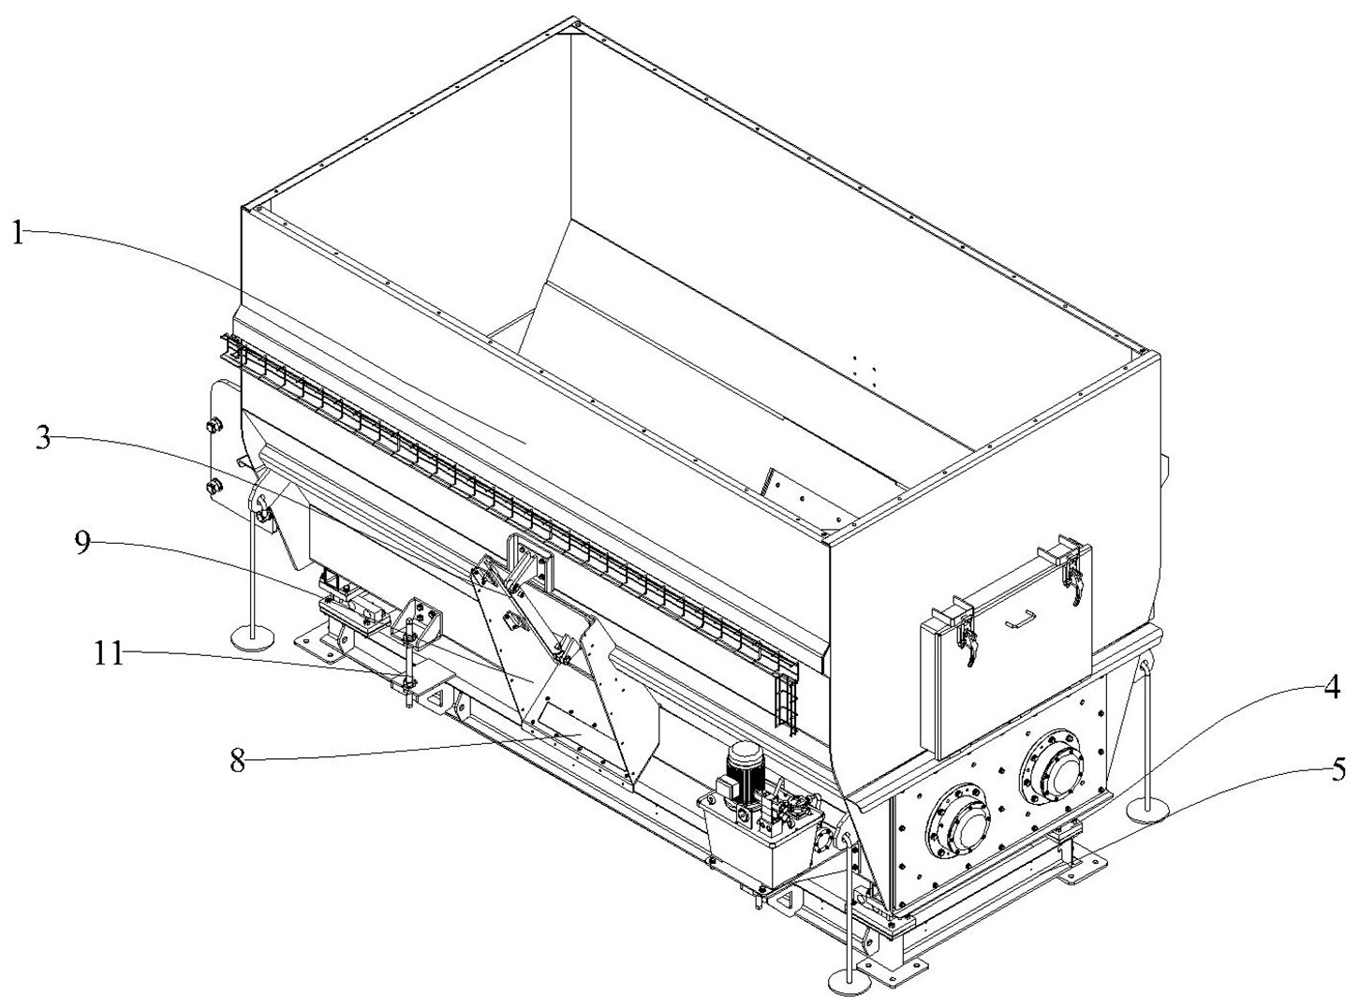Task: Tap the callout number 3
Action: (x=44, y=440)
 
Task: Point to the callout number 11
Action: (x=110, y=652)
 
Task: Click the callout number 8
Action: (x=238, y=759)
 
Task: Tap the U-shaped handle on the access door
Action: (x=1019, y=619)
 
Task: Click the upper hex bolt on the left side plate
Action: (x=213, y=427)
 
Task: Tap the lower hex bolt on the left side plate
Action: (x=213, y=487)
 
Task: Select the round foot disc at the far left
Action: (x=253, y=636)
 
